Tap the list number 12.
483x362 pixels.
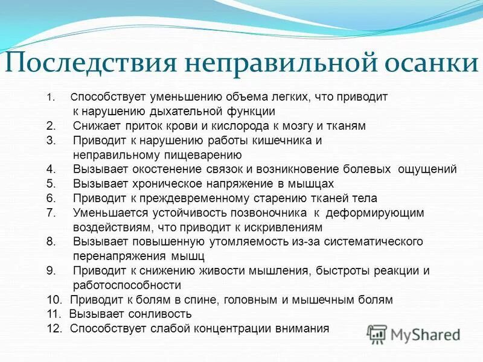click(x=54, y=329)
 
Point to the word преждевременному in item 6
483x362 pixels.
click(x=172, y=198)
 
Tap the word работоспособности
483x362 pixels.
click(x=127, y=285)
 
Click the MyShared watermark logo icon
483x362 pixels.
click(x=376, y=333)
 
